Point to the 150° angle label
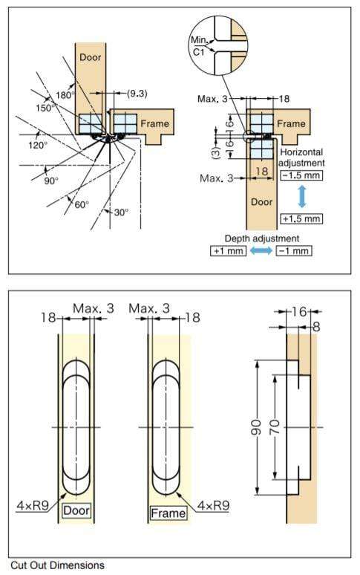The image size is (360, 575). [45, 108]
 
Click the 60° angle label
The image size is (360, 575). [81, 204]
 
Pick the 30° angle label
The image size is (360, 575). [121, 212]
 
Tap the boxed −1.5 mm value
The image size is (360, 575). [301, 176]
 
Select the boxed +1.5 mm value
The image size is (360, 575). [301, 218]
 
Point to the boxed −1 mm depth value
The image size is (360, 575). [293, 251]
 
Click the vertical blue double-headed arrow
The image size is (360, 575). [302, 197]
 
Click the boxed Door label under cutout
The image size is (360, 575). [76, 510]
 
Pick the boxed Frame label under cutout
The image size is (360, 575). [168, 513]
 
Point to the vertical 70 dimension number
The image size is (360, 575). [275, 429]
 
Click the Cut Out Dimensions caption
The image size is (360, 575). [57, 565]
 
